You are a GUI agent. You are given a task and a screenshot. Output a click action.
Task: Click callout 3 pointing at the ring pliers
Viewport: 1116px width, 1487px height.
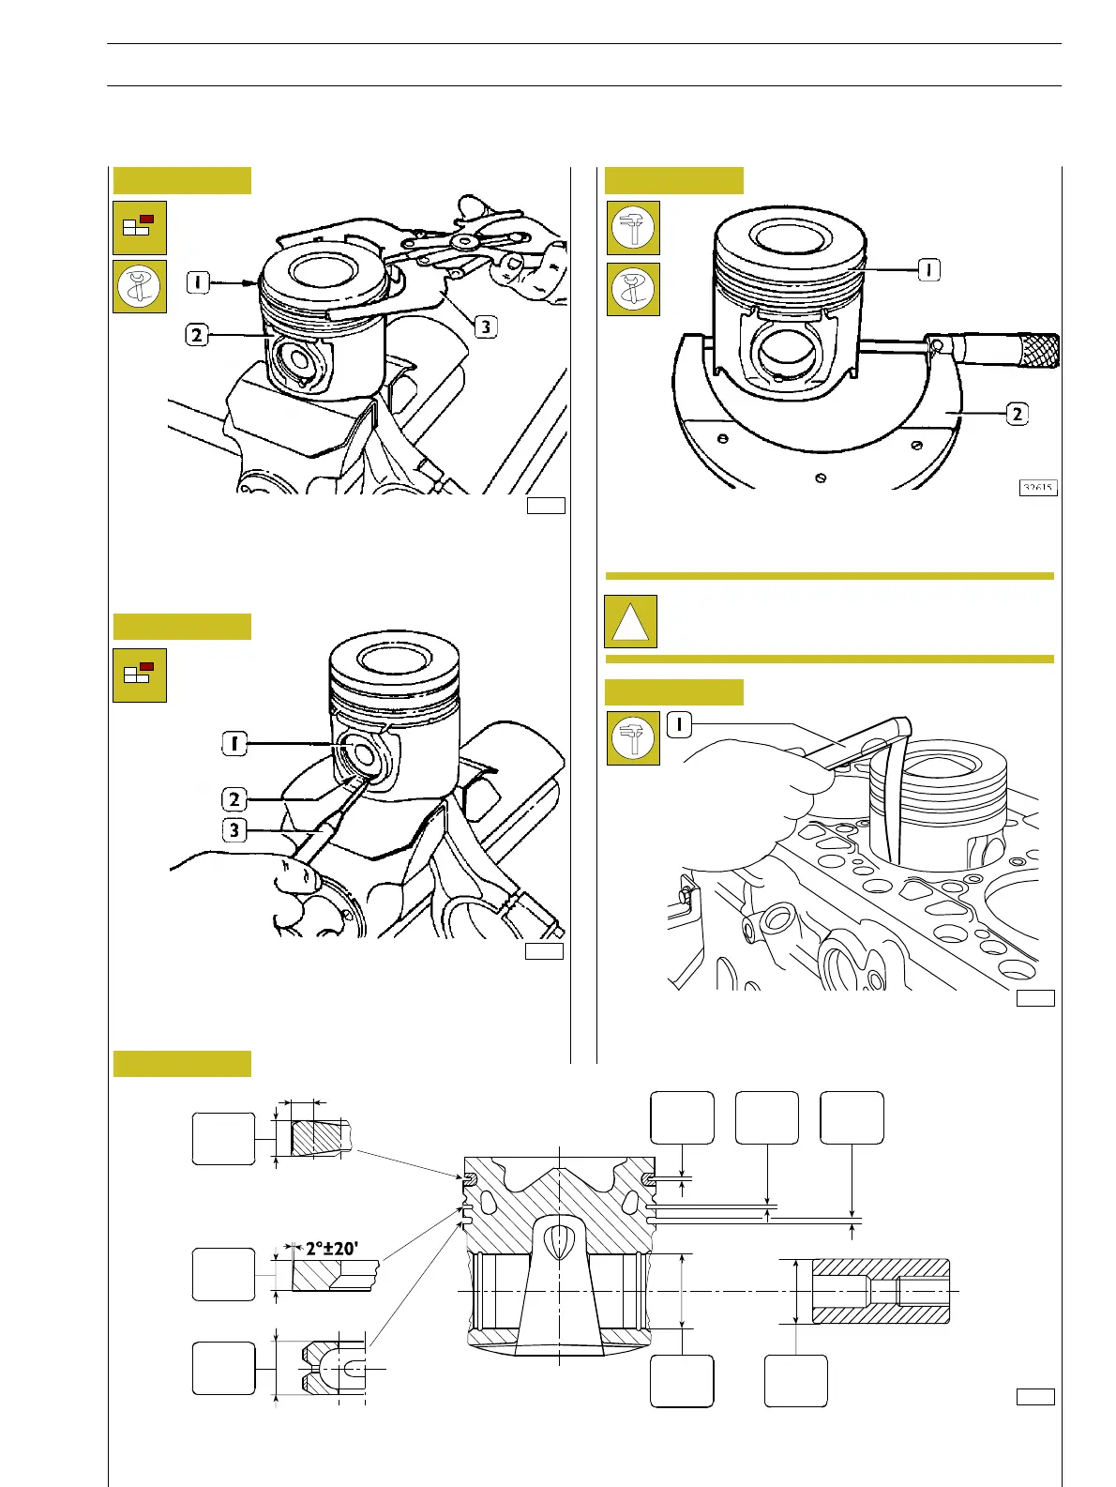tap(485, 326)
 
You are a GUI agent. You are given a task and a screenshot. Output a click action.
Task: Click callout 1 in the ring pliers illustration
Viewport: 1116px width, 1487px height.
tap(197, 280)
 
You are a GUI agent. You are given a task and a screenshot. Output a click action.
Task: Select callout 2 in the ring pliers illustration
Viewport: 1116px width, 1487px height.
tap(197, 334)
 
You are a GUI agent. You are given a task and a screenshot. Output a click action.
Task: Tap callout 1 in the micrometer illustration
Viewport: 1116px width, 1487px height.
tap(927, 269)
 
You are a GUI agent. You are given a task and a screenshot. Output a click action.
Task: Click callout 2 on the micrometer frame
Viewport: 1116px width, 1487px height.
tap(1018, 413)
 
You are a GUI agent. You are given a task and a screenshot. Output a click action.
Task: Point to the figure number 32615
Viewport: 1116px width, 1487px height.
tap(1038, 487)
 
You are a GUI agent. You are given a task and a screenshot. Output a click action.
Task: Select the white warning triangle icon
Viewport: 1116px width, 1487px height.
tap(630, 622)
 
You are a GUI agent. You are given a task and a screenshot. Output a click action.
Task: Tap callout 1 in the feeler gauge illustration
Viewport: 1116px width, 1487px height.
tap(679, 723)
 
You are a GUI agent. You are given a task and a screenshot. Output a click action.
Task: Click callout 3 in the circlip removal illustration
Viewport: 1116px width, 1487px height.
tap(234, 830)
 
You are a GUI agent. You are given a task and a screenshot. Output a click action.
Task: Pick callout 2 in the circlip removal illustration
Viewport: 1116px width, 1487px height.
tap(234, 799)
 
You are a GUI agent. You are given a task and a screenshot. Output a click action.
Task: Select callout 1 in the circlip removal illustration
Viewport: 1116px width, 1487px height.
tap(234, 744)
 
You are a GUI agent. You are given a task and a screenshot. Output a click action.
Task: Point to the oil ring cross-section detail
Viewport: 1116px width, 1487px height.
tap(329, 1368)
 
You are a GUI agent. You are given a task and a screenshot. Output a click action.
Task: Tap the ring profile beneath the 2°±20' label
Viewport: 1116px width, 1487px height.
tap(333, 1275)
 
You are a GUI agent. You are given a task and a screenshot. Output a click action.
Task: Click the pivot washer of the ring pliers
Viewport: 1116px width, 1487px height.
tap(460, 242)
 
